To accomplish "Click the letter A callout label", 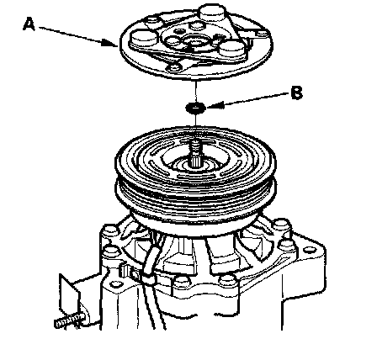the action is click(x=29, y=24).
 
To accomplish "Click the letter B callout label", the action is click(x=297, y=93).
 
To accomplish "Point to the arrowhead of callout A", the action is click(x=110, y=43).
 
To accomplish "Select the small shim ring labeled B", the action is click(x=195, y=108).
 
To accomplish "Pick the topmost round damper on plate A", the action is click(x=213, y=13).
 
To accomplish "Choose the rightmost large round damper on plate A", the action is click(x=233, y=50).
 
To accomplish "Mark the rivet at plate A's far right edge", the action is click(x=263, y=34).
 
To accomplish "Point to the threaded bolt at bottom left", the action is click(x=70, y=320).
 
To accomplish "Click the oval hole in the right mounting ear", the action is click(x=310, y=249).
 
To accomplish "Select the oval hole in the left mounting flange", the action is click(x=115, y=284).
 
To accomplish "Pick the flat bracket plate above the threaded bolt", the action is click(x=71, y=294).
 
